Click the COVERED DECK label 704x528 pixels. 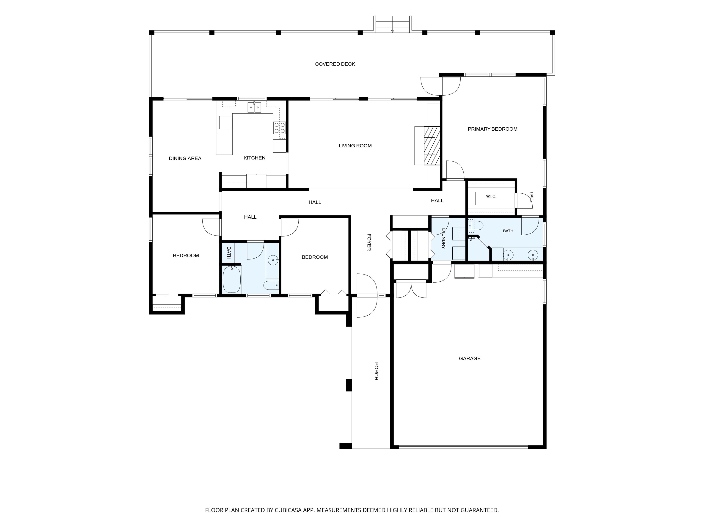click(x=335, y=64)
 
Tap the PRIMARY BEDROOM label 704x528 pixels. click(x=492, y=129)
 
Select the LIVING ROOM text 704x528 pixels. click(x=355, y=146)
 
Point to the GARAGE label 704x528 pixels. click(x=469, y=358)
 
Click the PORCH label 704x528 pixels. click(x=376, y=371)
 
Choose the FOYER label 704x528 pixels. click(x=369, y=242)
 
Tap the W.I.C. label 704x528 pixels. click(x=491, y=196)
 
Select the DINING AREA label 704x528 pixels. click(x=185, y=159)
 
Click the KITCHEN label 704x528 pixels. click(x=254, y=158)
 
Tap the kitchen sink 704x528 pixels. click(x=254, y=107)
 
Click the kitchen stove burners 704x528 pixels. click(x=279, y=128)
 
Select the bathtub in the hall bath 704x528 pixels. click(x=232, y=279)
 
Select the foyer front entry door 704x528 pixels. click(x=367, y=295)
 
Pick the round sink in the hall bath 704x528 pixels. click(x=273, y=260)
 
